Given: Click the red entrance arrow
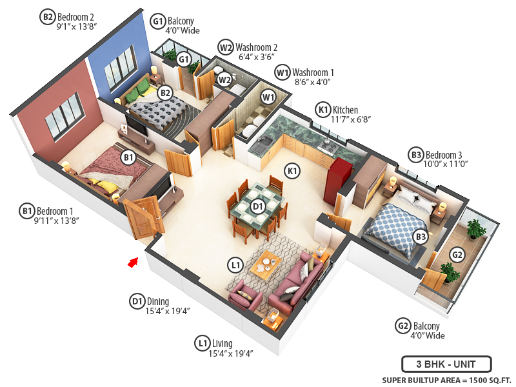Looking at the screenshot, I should pos(134,261).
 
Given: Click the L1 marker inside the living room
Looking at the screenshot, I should pos(235,264).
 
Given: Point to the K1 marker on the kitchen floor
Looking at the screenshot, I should pos(292,171).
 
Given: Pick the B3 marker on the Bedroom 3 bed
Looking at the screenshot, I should pos(421,237).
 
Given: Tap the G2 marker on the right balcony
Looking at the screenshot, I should pos(457,255).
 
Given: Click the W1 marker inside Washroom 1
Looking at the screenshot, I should pos(268,97).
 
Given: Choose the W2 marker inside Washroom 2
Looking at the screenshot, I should pos(224,80).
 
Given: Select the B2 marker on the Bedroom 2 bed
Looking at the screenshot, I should pos(166,93).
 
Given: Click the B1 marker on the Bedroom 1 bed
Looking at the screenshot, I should pos(128,157).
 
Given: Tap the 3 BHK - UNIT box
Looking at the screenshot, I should pos(446,363).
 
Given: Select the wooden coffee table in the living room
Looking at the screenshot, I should pos(265,264).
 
